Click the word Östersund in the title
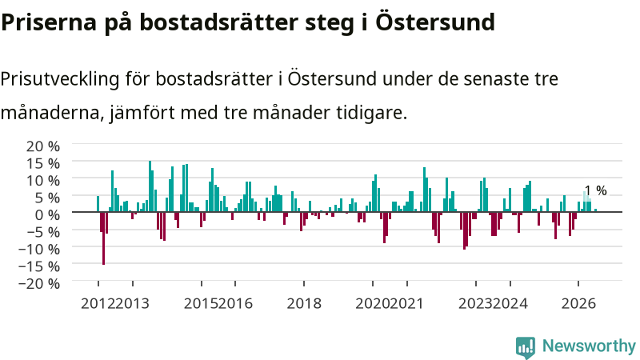click(x=435, y=22)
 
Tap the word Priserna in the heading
click(x=49, y=23)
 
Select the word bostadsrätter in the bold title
click(x=219, y=22)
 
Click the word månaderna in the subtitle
click(x=50, y=112)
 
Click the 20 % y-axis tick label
click(x=43, y=146)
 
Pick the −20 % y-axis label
click(x=39, y=283)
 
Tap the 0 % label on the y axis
click(x=47, y=214)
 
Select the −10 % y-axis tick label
click(x=39, y=249)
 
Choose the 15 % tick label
click(x=43, y=163)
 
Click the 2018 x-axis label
click(x=304, y=304)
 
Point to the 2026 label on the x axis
click(x=578, y=304)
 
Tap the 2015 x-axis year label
click(x=201, y=304)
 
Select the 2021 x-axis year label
click(x=406, y=304)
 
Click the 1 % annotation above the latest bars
click(x=595, y=190)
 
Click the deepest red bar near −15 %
click(x=104, y=238)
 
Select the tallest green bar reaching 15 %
click(x=150, y=186)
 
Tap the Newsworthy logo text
click(x=589, y=346)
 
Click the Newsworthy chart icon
click(x=526, y=347)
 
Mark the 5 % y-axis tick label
click(x=47, y=198)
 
